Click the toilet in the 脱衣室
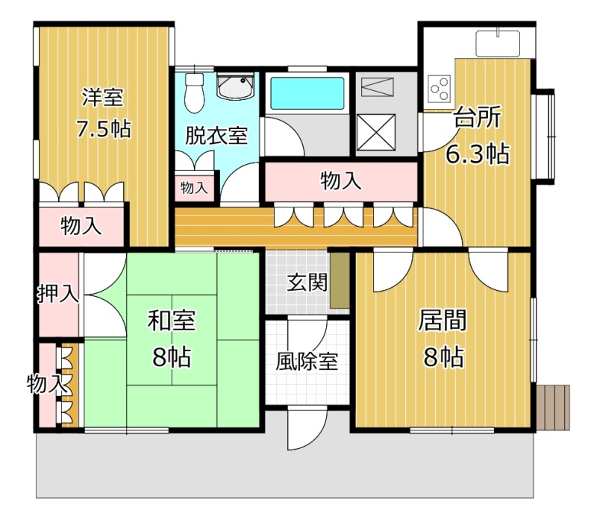coord(195,92)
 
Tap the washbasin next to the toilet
coord(235,86)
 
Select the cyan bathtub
coord(307,93)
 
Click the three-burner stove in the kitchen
coord(439,89)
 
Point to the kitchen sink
coord(498,43)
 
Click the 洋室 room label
coord(103,98)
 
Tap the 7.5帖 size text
coord(104,128)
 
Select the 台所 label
coord(477,117)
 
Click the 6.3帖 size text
coord(478,154)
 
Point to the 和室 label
coord(172,321)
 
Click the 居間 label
coord(443,320)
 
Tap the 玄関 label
coord(307,283)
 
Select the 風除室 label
coord(307,361)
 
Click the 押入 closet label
coord(58,293)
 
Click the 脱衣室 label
coord(216,136)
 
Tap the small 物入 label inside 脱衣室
coord(194,188)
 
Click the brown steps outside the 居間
coord(553,406)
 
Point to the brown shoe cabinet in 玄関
coord(340,280)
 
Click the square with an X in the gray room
coord(376,132)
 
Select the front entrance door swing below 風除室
coord(307,428)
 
